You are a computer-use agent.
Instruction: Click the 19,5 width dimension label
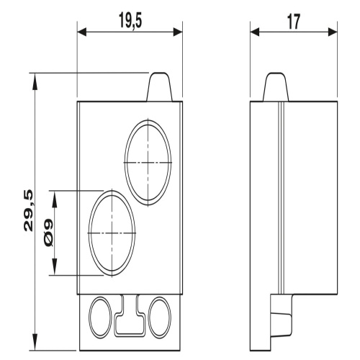click(130, 21)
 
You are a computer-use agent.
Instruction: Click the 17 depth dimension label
click(294, 22)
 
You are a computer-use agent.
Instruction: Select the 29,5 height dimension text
click(28, 210)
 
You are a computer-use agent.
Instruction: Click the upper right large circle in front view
click(125, 162)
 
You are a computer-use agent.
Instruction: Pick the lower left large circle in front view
click(89, 233)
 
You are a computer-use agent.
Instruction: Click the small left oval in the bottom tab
click(89, 318)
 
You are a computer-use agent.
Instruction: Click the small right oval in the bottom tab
click(148, 318)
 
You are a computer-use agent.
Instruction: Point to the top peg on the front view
click(160, 86)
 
